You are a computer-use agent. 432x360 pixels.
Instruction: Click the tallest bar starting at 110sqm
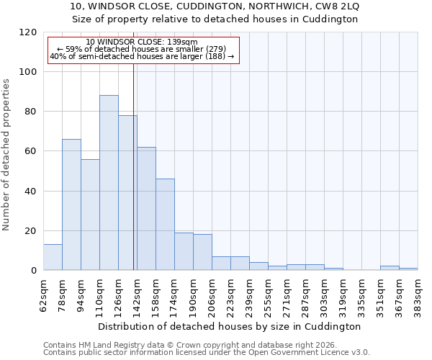[x=109, y=183]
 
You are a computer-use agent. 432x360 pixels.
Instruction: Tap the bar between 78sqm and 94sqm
[x=71, y=204]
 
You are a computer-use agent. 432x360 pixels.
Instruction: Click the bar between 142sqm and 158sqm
[x=146, y=209]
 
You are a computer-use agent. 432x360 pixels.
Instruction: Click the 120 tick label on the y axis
[x=28, y=32]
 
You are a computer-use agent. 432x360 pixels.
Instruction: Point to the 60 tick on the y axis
[x=31, y=151]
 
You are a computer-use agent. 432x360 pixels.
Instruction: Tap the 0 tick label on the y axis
[x=34, y=271]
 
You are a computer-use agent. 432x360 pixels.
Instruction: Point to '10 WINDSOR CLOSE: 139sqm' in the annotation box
[x=141, y=42]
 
